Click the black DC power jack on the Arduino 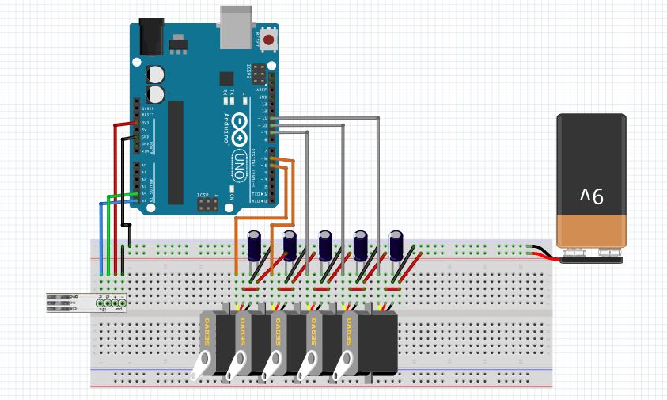click(150, 36)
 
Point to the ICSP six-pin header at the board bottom click(207, 205)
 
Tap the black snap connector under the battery click(591, 256)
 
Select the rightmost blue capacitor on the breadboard click(396, 244)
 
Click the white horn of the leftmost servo click(201, 363)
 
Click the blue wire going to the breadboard click(100, 238)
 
